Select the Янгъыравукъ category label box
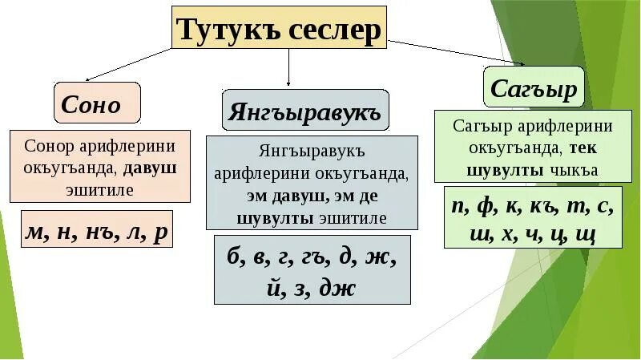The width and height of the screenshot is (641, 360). pyautogui.click(x=304, y=111)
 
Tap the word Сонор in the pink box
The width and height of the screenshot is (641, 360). pyautogui.click(x=48, y=148)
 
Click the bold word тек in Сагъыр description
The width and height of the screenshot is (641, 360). pyautogui.click(x=585, y=148)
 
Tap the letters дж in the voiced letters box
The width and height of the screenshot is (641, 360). pyautogui.click(x=337, y=287)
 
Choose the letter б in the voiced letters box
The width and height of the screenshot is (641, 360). pyautogui.click(x=234, y=257)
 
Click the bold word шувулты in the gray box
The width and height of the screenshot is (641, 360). pyautogui.click(x=271, y=217)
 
